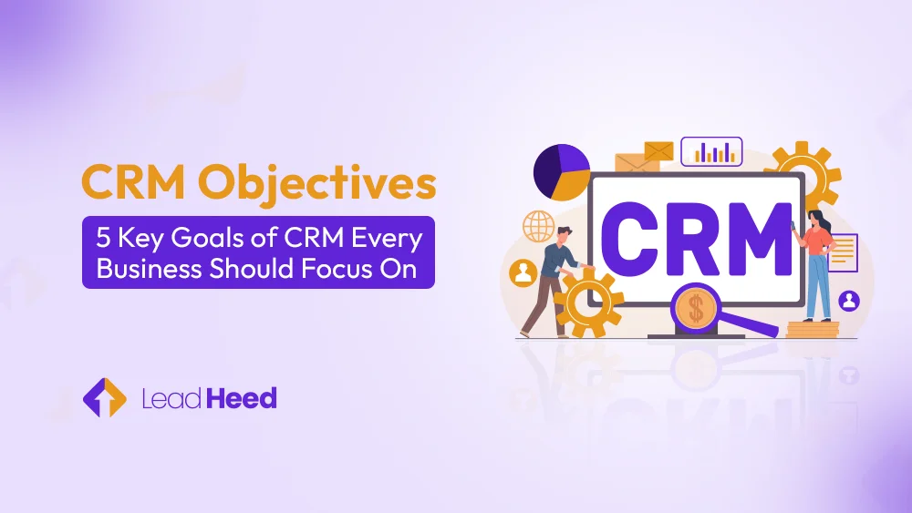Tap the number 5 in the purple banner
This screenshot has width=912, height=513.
pos(103,239)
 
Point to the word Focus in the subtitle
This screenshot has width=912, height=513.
pos(337,270)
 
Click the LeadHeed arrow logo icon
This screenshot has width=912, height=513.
pos(104,398)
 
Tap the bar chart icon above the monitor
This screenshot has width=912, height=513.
pos(711,151)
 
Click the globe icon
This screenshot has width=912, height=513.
pos(538,225)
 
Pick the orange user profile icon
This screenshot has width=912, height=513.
pos(523,272)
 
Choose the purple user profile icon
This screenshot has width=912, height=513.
pos(849,300)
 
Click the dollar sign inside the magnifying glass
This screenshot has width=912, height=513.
pos(697,308)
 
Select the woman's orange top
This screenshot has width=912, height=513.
pos(816,240)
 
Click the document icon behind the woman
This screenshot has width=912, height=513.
pos(843,252)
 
